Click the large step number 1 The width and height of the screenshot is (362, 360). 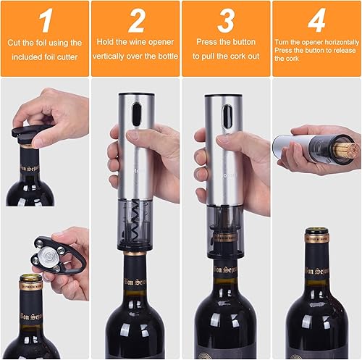click(x=45, y=21)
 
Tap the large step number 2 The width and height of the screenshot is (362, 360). click(x=136, y=21)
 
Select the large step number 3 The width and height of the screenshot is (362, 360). click(x=226, y=21)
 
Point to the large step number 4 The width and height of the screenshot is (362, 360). click(x=316, y=21)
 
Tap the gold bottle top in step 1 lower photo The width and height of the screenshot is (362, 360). click(x=30, y=279)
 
